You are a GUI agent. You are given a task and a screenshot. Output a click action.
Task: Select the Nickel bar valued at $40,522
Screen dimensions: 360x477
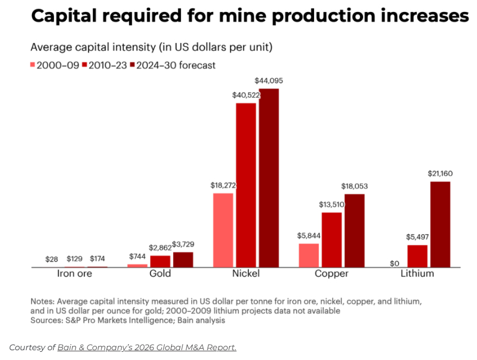246,185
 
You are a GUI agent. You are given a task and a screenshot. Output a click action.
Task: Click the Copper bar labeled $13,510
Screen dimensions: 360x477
332,240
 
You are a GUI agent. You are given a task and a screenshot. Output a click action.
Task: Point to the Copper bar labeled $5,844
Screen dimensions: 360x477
309,255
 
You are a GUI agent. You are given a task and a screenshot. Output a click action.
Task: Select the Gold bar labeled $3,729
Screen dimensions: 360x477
183,259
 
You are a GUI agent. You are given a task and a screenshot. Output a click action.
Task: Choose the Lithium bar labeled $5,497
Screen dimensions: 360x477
417,256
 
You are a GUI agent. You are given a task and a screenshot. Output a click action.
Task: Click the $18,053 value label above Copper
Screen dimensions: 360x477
354,186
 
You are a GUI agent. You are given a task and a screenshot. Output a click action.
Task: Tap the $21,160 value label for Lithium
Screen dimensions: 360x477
440,173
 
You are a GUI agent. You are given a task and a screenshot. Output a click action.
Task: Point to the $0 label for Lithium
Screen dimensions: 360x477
394,263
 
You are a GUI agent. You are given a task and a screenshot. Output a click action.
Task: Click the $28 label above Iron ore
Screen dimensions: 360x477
52,259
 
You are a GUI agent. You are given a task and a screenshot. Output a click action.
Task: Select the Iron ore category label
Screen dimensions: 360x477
74,274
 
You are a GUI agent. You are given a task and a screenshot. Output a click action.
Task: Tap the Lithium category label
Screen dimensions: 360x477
417,274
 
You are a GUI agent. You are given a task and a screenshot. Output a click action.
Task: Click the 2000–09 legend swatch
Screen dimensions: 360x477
33,65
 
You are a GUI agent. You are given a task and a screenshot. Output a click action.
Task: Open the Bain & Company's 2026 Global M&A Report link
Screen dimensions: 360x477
147,347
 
